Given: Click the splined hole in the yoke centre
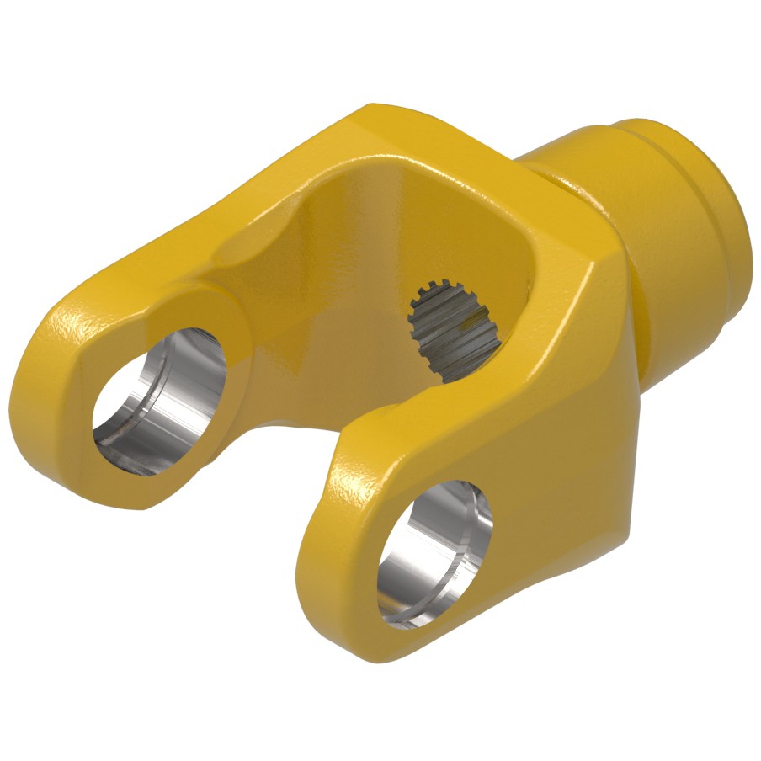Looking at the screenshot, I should pos(455,328).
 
